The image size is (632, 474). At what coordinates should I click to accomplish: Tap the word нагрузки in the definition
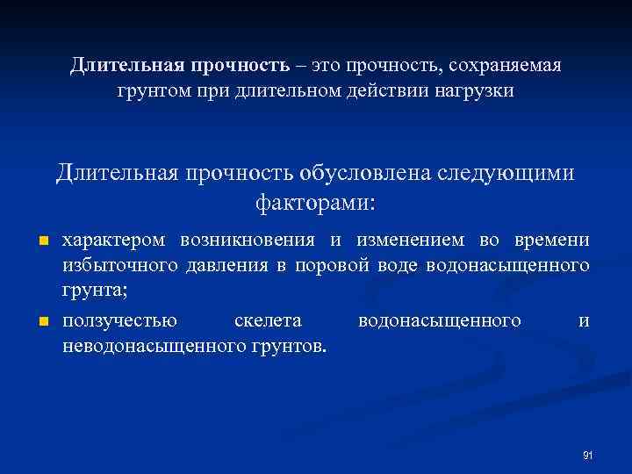pyautogui.click(x=478, y=91)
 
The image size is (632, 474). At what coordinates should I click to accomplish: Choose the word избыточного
pyautogui.click(x=118, y=264)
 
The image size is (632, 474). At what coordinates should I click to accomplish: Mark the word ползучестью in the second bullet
pyautogui.click(x=119, y=321)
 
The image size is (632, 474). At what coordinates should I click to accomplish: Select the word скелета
pyautogui.click(x=268, y=321)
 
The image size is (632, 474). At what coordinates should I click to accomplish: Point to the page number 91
pyautogui.click(x=588, y=455)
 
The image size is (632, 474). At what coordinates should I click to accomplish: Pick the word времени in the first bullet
pyautogui.click(x=558, y=241)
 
